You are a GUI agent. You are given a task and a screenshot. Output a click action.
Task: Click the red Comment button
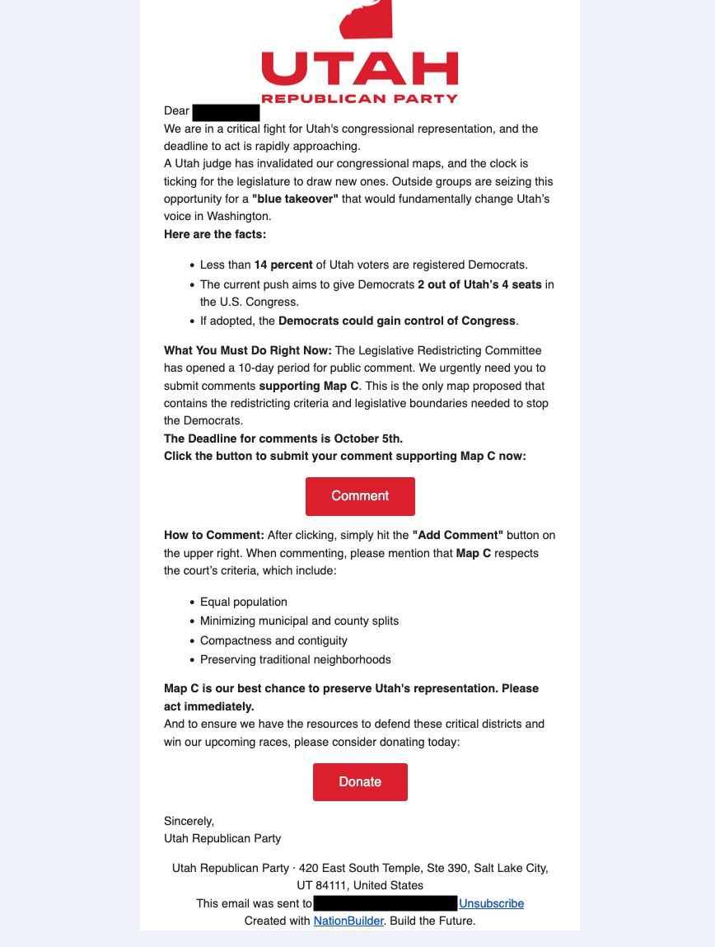[360, 496]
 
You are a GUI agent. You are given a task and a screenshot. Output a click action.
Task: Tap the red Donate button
[360, 782]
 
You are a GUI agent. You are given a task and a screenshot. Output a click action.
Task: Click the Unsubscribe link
[491, 903]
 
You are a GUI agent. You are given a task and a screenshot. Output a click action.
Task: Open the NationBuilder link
[348, 921]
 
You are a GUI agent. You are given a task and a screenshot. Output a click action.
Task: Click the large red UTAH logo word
[359, 68]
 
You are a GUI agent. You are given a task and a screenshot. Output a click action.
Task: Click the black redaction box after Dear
[226, 111]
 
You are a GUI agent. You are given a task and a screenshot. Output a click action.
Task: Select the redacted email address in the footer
[385, 903]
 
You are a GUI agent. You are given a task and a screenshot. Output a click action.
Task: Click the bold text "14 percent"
[283, 265]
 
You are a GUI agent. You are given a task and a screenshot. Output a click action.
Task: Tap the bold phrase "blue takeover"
[295, 199]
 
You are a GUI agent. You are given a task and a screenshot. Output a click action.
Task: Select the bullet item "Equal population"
[244, 602]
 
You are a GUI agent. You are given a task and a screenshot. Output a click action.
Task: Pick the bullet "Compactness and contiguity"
[273, 640]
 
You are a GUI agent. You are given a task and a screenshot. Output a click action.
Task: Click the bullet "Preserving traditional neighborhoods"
[295, 659]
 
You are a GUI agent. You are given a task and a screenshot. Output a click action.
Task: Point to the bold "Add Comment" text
[457, 536]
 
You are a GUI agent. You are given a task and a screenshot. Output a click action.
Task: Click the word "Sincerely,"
[189, 821]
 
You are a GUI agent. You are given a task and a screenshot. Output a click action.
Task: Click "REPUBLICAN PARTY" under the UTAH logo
[359, 99]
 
